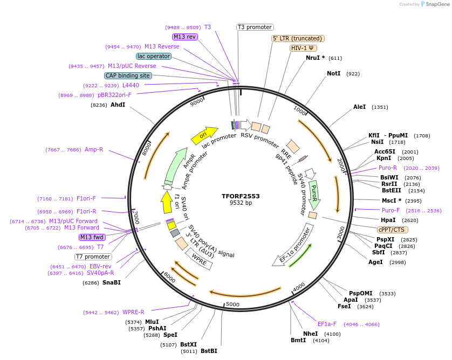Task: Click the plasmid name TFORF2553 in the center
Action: point(241,196)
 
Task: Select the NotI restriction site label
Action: point(334,73)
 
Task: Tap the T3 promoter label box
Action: point(255,27)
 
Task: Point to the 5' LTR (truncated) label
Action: point(297,38)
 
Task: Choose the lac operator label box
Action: point(153,56)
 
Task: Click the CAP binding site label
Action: point(128,76)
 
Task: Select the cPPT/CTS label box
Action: point(392,230)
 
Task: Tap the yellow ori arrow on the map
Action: point(204,135)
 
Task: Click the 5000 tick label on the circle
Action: point(232,304)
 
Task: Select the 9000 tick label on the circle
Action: point(197,101)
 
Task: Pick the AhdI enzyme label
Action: point(118,105)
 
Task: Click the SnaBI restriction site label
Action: point(112,282)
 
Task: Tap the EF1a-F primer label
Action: point(327,324)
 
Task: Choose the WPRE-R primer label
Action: point(133,312)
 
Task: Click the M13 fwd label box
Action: point(92,238)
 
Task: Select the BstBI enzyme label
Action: point(209,351)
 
